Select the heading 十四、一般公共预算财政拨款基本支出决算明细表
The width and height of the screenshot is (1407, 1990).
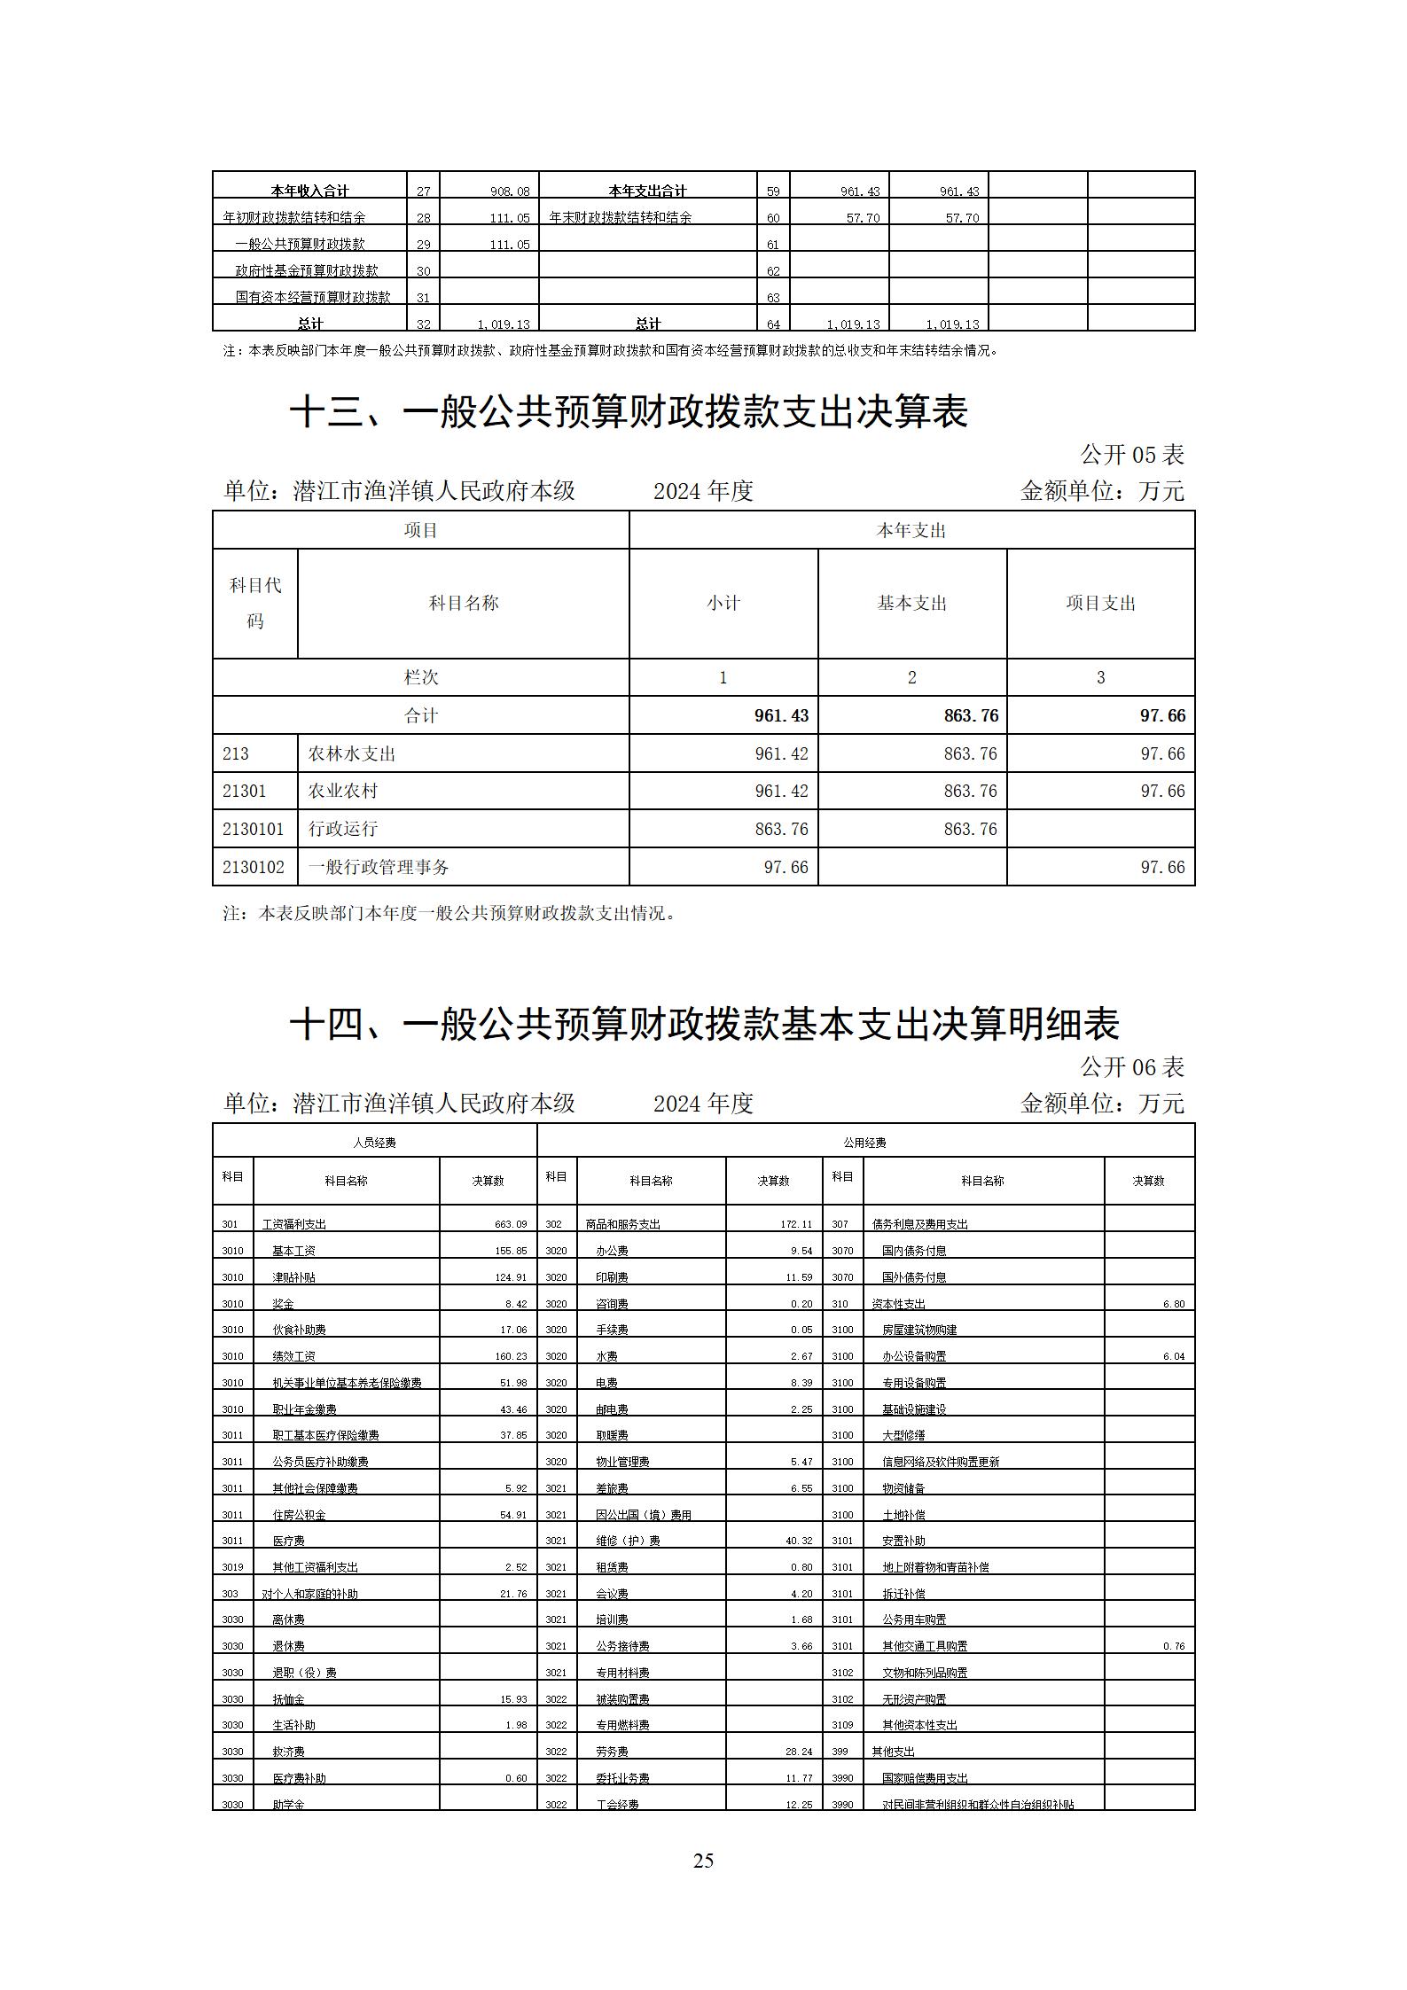(704, 1025)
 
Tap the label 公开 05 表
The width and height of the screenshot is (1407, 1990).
(1131, 455)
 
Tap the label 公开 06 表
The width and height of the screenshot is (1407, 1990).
(1131, 1066)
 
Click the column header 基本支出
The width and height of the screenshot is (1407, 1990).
(911, 604)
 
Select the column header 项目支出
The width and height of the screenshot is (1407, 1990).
(1100, 604)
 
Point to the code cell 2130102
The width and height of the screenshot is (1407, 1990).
(254, 867)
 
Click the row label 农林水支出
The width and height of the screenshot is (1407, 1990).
(351, 753)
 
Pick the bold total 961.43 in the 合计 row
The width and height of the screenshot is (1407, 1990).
(781, 715)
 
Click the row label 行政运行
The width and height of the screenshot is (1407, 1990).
(342, 829)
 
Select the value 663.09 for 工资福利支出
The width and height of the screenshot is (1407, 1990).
(511, 1224)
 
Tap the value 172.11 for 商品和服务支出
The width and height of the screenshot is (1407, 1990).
(795, 1224)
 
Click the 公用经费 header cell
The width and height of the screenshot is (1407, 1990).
(865, 1143)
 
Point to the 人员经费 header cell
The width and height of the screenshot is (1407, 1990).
(374, 1143)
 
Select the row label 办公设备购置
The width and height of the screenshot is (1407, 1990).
(913, 1356)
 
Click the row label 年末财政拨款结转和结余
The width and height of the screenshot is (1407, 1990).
(621, 217)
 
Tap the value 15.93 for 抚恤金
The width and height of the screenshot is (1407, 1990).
(513, 1699)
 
